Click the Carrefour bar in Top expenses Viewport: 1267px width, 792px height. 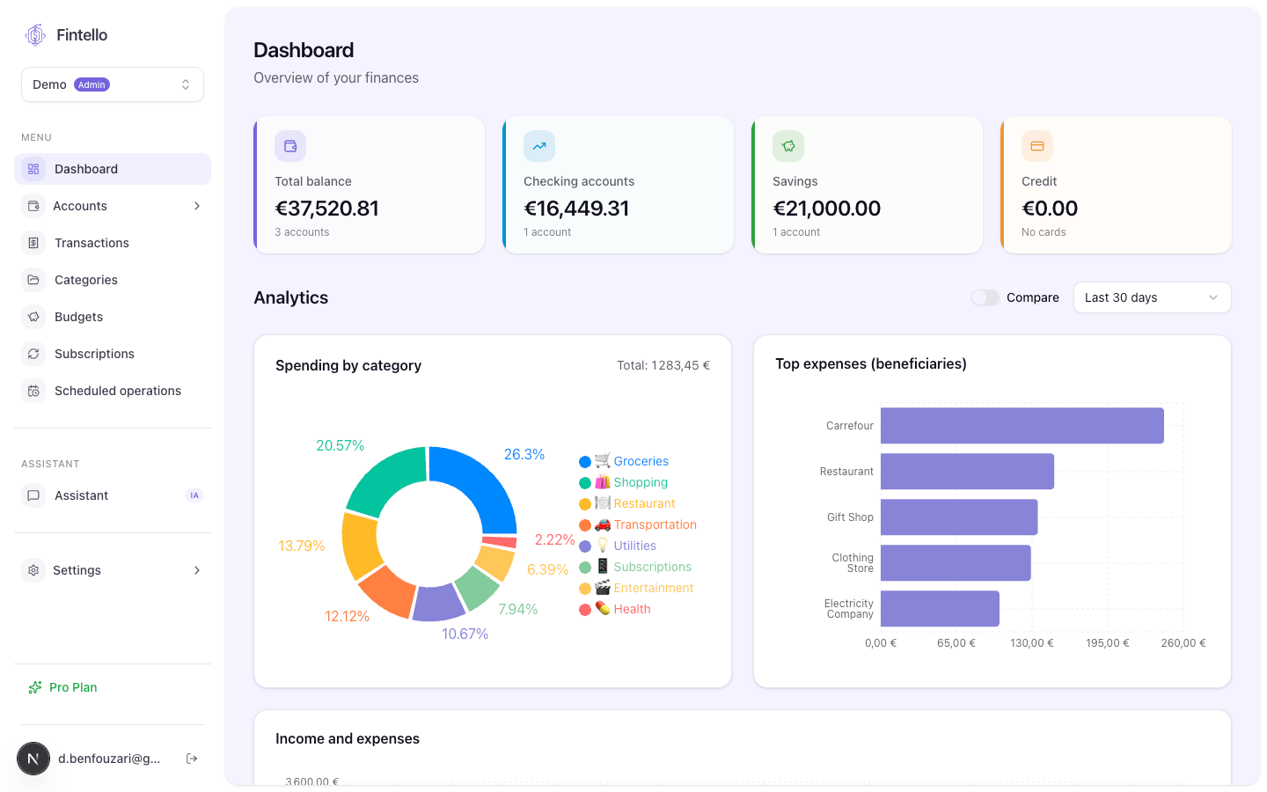1022,425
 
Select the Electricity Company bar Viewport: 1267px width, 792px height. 940,609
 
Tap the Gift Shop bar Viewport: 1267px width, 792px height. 959,517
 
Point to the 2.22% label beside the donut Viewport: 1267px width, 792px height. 554,539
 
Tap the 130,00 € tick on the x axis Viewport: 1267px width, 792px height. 1032,643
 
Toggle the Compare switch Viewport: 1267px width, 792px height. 985,297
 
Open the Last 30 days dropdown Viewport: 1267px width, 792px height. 1153,297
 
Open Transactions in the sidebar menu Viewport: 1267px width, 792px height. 92,243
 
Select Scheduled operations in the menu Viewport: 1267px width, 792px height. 118,391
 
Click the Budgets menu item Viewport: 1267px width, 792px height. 78,317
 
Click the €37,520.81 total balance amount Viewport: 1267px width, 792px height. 327,209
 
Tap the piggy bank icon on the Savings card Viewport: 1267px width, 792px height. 788,146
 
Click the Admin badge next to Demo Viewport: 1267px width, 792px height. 92,84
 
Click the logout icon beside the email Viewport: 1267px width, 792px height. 192,759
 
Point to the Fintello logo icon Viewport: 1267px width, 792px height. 35,35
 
